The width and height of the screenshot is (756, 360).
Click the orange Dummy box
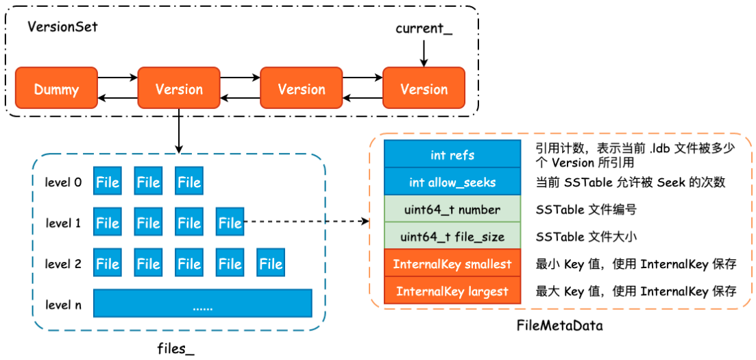point(56,88)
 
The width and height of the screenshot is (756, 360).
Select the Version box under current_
point(424,88)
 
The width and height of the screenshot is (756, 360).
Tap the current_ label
point(424,29)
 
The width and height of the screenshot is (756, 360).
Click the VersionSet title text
point(62,27)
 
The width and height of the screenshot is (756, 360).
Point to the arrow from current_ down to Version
point(424,53)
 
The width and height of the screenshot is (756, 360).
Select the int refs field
point(452,155)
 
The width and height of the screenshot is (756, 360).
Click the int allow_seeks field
point(452,182)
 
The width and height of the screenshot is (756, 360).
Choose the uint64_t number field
point(452,209)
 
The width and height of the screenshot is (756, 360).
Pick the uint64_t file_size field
point(452,237)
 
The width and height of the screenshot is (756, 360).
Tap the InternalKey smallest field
point(452,264)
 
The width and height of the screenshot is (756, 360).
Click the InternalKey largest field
point(452,291)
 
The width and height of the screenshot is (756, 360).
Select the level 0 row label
point(64,182)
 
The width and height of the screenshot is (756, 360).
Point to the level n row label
point(64,304)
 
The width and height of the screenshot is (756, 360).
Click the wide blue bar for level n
point(202,303)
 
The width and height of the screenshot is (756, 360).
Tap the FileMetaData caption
point(559,326)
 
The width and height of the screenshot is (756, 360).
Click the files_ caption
point(175,348)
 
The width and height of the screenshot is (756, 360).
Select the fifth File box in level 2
point(271,264)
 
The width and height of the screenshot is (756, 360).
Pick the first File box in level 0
point(108,182)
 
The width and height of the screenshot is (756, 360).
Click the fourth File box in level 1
point(230,223)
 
